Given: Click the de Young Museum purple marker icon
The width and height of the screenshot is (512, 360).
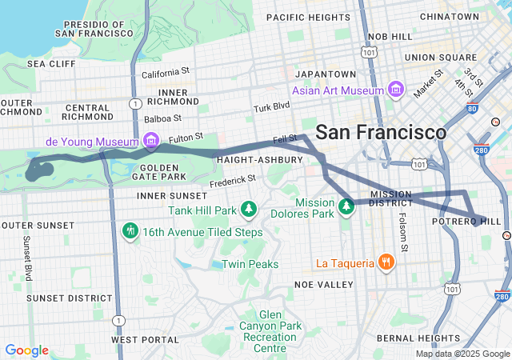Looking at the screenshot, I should tap(149, 142).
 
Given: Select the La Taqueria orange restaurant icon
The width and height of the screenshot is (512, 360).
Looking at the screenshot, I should tap(386, 262).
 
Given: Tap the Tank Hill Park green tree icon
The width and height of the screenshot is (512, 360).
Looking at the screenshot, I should tap(249, 209).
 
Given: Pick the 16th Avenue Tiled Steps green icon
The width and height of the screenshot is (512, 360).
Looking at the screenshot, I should tap(130, 231).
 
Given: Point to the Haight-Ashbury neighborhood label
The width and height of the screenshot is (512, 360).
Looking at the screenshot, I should tap(259, 160).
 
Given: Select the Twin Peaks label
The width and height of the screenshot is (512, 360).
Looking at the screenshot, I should tap(250, 264).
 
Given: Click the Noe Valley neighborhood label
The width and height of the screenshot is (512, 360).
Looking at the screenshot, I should tap(323, 284).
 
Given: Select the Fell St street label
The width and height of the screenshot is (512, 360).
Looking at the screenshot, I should tap(285, 139).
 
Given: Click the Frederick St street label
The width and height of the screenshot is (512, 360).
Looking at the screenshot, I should tap(233, 182).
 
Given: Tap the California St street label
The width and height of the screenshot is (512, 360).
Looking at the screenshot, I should tap(166, 72).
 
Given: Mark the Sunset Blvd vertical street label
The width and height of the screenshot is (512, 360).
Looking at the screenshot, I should tap(27, 258).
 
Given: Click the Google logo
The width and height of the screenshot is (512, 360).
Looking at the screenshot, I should tap(26, 350).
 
